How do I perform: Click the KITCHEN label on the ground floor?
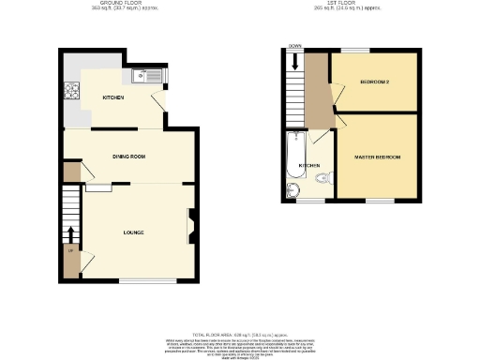(x=114, y=97)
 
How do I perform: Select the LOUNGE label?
(x=132, y=232)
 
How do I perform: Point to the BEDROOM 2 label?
(x=374, y=83)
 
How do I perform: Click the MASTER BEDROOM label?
(x=377, y=157)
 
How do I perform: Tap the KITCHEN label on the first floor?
(x=309, y=165)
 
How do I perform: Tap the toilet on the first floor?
(x=322, y=177)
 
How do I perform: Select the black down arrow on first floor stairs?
(x=295, y=62)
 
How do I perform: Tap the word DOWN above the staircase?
(x=295, y=46)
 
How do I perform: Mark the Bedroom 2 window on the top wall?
(x=353, y=50)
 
